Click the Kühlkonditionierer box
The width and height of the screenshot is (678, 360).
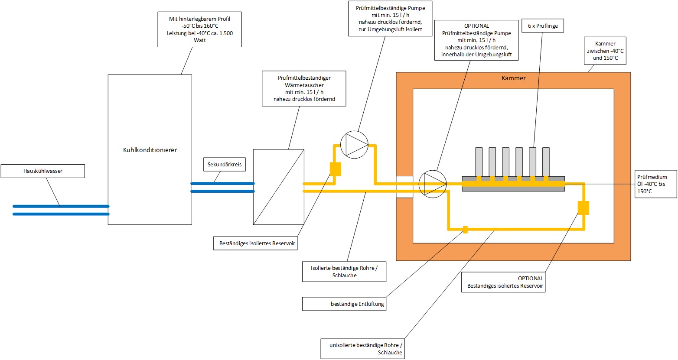150,149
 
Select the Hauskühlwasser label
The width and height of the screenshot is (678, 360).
43,171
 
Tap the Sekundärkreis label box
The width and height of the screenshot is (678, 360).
225,165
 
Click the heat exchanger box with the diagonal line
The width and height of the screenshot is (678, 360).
278,187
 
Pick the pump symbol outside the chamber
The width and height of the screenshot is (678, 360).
354,144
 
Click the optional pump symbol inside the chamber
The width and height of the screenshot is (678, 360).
432,184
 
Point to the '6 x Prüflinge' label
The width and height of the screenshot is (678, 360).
543,26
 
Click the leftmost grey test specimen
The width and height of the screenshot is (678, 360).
479,161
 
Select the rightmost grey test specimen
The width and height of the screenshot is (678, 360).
546,161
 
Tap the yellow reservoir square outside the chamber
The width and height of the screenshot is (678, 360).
336,169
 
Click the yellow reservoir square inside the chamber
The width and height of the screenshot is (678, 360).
583,208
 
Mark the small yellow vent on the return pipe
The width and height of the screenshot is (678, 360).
465,229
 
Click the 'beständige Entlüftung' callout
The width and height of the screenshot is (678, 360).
344,304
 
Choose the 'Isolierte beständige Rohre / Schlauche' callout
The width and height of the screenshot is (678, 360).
344,272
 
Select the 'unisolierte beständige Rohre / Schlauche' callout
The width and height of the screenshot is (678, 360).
362,349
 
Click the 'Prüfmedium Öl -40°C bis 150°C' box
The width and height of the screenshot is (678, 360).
655,184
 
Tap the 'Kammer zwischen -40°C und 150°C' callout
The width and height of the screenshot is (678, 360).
605,51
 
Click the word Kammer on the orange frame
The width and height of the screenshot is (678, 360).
513,78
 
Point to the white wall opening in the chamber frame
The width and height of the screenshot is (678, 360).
404,187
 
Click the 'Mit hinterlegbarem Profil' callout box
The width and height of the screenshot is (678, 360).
199,29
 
